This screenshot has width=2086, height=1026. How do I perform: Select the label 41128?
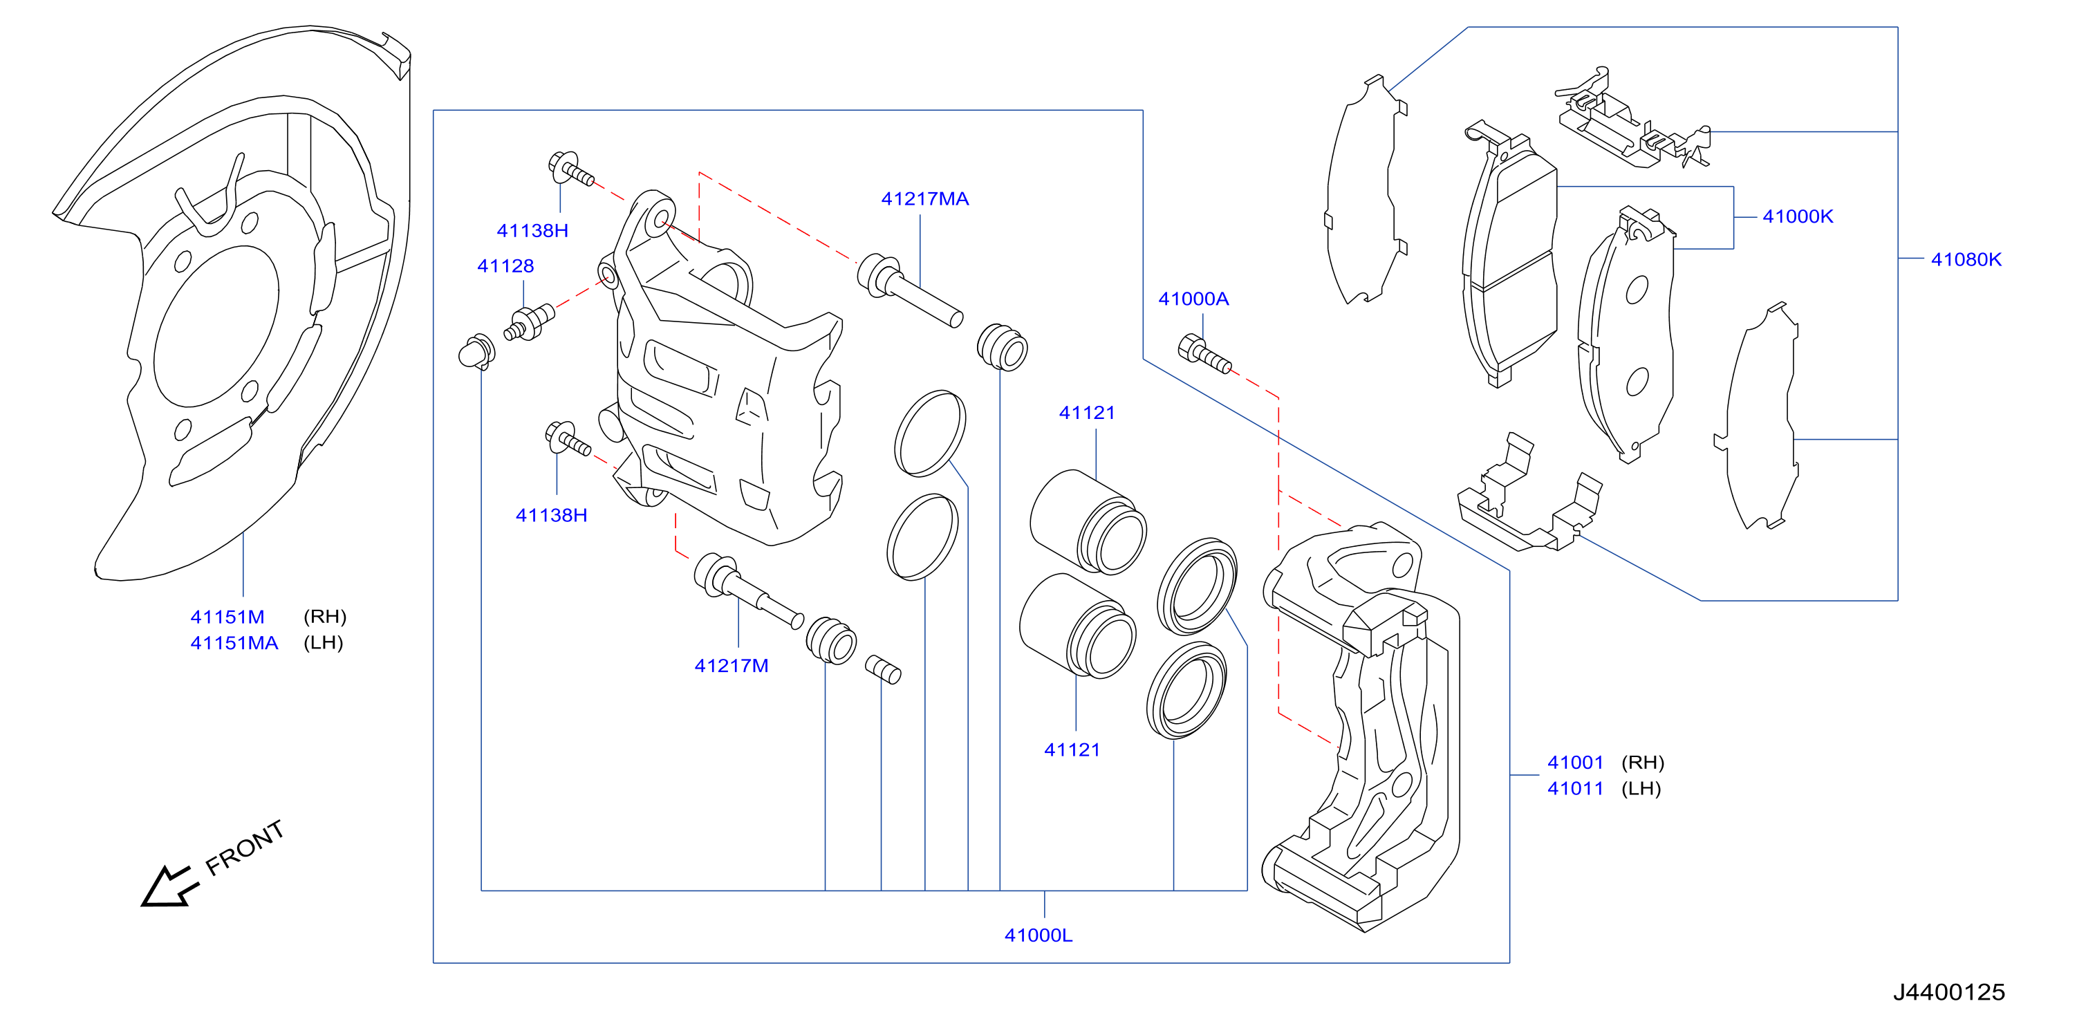[x=505, y=265]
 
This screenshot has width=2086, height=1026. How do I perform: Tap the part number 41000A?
[x=1193, y=299]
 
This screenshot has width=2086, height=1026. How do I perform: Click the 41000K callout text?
[x=1797, y=216]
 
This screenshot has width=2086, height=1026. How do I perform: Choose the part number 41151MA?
[x=234, y=643]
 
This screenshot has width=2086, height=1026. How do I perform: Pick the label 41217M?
[x=732, y=666]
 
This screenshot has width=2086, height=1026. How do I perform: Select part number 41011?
[x=1575, y=789]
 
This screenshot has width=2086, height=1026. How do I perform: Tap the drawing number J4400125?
[x=1948, y=992]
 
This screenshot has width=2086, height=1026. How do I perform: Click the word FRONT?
[x=245, y=848]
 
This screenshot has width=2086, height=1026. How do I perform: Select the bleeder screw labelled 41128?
[x=529, y=321]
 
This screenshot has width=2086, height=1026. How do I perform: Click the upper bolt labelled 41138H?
[x=571, y=169]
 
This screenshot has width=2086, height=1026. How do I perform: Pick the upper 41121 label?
[x=1087, y=413]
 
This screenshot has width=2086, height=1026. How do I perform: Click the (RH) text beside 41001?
[x=1642, y=763]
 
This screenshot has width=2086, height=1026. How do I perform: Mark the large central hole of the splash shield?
[x=216, y=326]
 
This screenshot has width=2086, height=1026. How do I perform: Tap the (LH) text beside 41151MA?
[x=323, y=643]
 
